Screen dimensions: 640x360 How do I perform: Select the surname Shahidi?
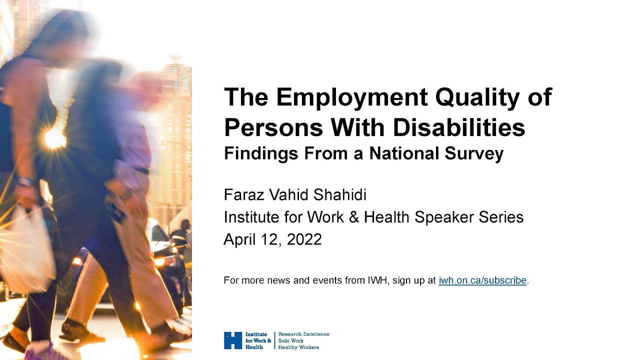339,195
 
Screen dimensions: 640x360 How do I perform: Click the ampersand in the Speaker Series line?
353,217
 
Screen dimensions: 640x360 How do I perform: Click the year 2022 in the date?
304,239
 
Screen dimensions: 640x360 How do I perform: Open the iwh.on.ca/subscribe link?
482,280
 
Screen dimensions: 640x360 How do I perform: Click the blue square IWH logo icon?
233,340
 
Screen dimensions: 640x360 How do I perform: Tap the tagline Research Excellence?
303,334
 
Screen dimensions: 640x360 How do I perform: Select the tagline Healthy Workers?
298,347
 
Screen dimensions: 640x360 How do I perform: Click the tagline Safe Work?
291,340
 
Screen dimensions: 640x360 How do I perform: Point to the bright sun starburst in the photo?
54,139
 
